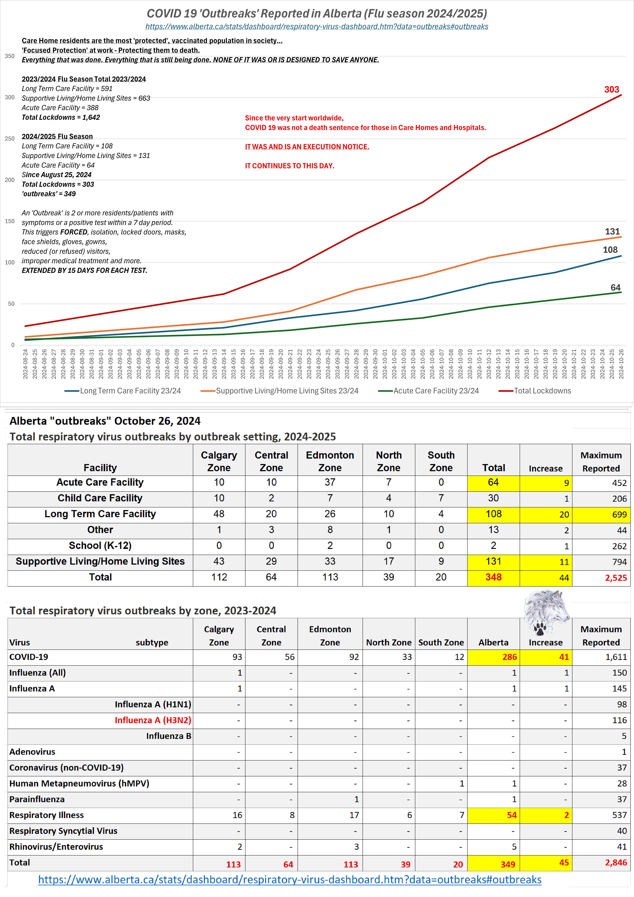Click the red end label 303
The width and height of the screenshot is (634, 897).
(611, 89)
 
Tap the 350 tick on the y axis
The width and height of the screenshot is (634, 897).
(10, 56)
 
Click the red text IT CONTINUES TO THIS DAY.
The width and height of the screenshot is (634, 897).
(290, 166)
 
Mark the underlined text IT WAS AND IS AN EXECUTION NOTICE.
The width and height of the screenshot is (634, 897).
(307, 146)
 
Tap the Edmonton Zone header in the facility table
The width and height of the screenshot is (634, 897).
(330, 461)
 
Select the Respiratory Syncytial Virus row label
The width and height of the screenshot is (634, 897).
(63, 831)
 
